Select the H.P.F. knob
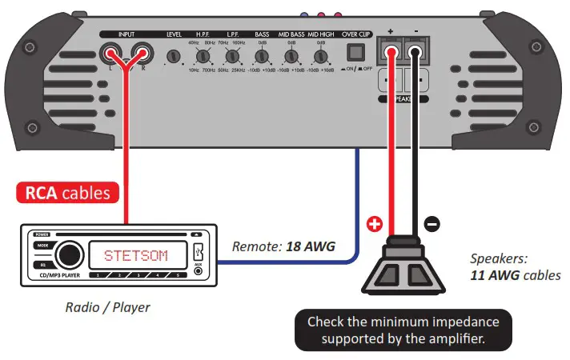click(203, 57)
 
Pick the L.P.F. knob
click(232, 57)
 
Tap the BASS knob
click(262, 57)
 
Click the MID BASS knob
click(291, 57)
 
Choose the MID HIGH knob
click(320, 57)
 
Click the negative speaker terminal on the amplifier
click(416, 54)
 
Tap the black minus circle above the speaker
click(432, 225)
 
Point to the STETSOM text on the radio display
click(135, 256)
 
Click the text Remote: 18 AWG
click(283, 247)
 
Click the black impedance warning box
click(403, 330)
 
